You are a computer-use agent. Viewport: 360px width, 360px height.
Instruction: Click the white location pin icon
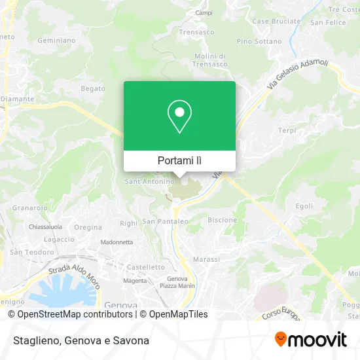[x=179, y=117]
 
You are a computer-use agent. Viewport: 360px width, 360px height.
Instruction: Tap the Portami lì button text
[x=179, y=160]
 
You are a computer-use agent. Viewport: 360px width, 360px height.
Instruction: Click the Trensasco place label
[x=197, y=31]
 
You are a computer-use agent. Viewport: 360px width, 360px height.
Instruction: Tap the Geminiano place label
[x=57, y=40]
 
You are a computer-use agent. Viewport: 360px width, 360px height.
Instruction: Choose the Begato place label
[x=92, y=88]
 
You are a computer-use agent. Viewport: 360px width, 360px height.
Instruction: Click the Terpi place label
[x=287, y=131]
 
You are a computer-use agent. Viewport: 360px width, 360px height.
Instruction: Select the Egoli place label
[x=304, y=206]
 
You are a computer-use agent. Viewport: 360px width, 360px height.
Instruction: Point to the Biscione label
[x=222, y=220]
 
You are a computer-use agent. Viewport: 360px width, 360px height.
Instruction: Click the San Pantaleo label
[x=165, y=221]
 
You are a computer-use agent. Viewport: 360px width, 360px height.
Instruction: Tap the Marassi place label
[x=207, y=260]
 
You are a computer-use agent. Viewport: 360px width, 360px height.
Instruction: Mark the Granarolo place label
[x=29, y=207]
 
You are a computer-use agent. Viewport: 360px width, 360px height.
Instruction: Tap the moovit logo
[x=310, y=340]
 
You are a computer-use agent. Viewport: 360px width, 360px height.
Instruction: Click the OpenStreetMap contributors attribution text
[x=70, y=314]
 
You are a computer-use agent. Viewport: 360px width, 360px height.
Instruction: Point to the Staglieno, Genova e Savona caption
[x=79, y=340]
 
